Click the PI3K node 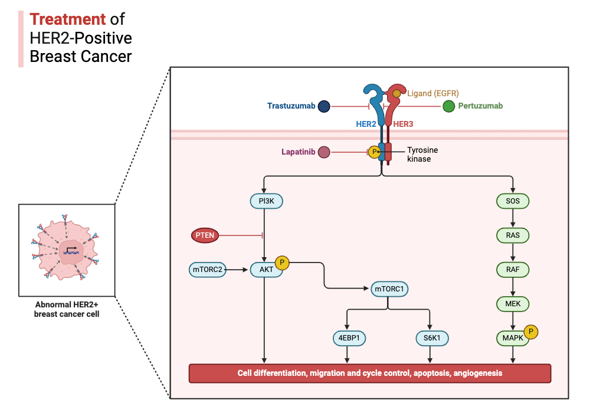[265, 202]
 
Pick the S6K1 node [432, 338]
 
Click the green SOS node [512, 202]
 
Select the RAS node [512, 236]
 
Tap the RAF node [512, 270]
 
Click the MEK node [512, 304]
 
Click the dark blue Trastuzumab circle [323, 107]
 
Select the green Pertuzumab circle [448, 106]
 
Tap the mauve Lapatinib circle [323, 152]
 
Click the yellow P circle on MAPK [531, 332]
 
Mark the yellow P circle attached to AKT [282, 263]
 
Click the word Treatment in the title [68, 19]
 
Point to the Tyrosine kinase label [422, 155]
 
